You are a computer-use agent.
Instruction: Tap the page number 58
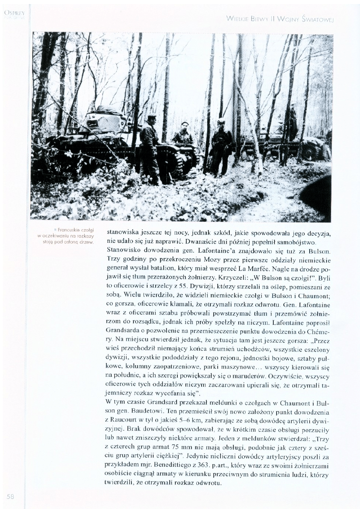pyautogui.click(x=10, y=497)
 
